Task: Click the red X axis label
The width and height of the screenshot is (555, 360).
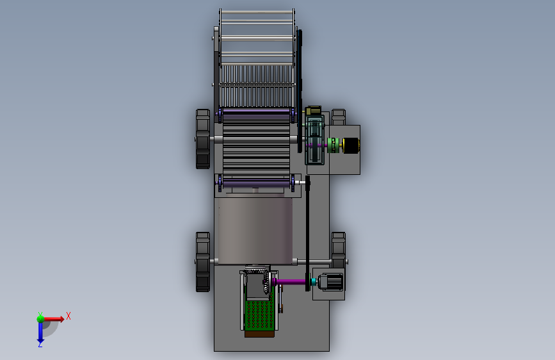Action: pos(68,316)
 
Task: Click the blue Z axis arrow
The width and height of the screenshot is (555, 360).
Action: pos(40,332)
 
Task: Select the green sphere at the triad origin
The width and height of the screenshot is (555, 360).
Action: pos(40,318)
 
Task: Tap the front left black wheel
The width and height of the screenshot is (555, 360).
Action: pos(203,139)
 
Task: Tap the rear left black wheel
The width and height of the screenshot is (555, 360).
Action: pos(203,262)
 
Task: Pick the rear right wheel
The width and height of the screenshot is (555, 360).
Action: pos(339,250)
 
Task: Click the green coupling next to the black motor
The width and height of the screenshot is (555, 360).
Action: pos(333,145)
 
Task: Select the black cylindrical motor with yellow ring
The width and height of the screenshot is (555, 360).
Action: pos(351,145)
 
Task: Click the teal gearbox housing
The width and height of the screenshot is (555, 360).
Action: pos(314,140)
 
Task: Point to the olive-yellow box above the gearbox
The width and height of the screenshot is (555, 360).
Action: pos(313,111)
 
